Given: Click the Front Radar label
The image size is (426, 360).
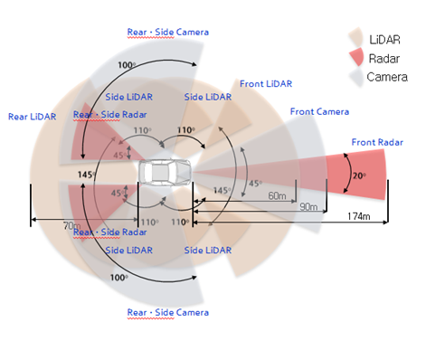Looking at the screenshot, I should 375,141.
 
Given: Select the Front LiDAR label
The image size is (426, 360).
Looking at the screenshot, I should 265,84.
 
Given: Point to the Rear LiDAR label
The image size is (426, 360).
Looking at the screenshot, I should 32,116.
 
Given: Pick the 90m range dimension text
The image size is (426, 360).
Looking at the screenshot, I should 309,207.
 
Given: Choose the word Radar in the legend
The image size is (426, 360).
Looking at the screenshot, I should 387,57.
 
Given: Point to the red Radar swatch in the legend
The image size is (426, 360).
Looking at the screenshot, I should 356,57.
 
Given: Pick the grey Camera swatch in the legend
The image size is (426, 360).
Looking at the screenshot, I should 356,77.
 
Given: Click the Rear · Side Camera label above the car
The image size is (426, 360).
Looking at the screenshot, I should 167,32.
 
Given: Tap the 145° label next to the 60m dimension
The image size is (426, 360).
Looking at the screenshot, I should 221,191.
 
